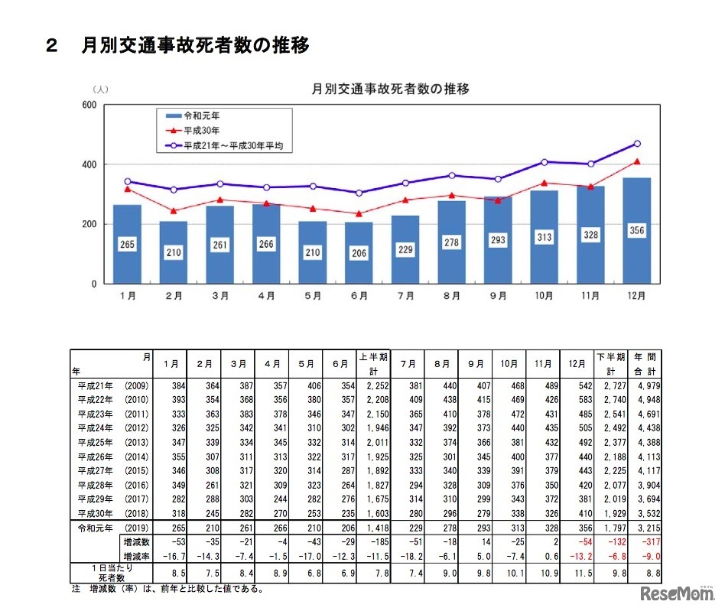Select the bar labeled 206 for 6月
(x=359, y=252)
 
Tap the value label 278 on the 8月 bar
(x=451, y=242)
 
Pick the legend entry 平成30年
(x=200, y=130)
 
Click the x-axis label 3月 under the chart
(x=219, y=295)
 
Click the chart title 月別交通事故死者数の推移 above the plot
(x=391, y=89)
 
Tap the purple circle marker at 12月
(x=637, y=144)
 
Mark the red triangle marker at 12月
(x=637, y=161)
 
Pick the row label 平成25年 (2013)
(x=106, y=441)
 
